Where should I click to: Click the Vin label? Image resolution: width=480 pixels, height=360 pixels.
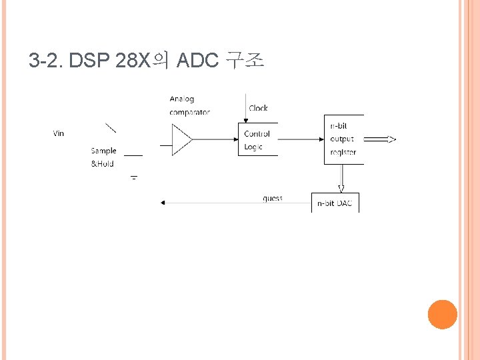[59, 133]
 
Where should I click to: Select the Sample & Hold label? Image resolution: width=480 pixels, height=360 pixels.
[103, 157]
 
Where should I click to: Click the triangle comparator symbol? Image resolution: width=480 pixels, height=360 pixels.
[182, 139]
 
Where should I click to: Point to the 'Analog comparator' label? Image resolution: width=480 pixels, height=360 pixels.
[189, 105]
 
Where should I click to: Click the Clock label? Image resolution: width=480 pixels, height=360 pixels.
[258, 108]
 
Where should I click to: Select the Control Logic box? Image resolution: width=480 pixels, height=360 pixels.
[257, 140]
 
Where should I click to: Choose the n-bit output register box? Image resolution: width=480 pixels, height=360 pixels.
[343, 139]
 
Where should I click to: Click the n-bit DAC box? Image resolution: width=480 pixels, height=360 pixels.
[335, 203]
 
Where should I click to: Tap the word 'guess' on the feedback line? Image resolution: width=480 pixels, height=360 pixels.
[272, 199]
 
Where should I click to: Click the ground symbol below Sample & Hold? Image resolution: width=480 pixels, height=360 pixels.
[133, 178]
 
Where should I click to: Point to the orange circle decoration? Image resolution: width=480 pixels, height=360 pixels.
[442, 314]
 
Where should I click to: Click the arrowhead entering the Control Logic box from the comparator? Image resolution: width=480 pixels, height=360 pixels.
[235, 139]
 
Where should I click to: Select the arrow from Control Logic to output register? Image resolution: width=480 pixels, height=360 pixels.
[300, 139]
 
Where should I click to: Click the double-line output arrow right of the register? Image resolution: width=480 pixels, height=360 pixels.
[381, 139]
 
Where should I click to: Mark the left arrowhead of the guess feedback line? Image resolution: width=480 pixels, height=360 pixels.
[163, 203]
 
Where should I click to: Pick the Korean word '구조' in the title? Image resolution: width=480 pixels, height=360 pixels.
[245, 61]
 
